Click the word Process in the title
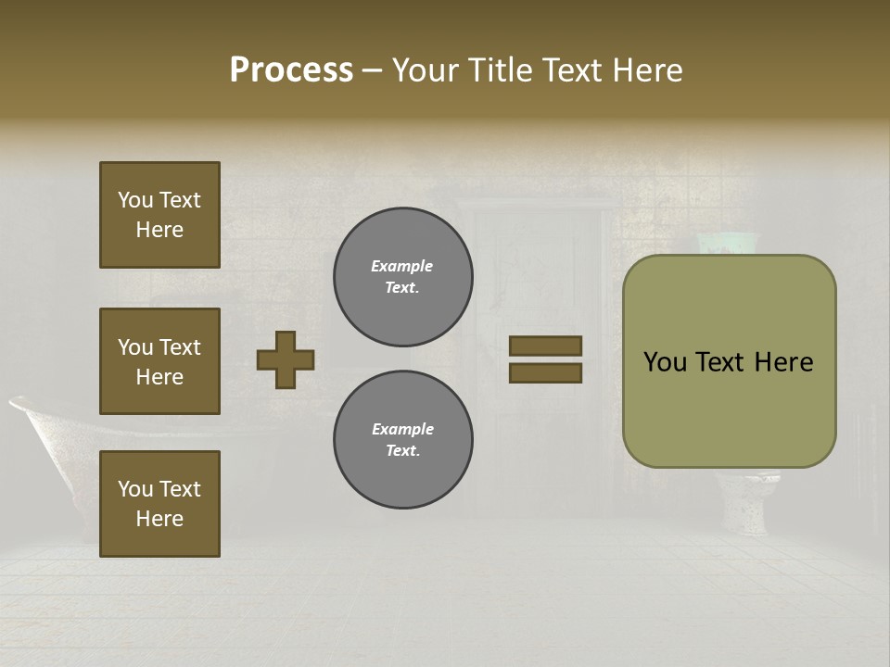291,70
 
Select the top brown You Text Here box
159,215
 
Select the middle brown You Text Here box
159,361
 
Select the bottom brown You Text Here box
159,504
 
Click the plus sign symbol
286,359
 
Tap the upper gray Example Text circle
403,277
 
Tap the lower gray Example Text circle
403,440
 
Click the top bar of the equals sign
545,346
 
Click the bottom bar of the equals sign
545,373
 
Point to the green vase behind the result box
728,243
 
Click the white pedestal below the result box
746,505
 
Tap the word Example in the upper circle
402,266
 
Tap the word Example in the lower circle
402,429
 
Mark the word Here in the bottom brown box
159,519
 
